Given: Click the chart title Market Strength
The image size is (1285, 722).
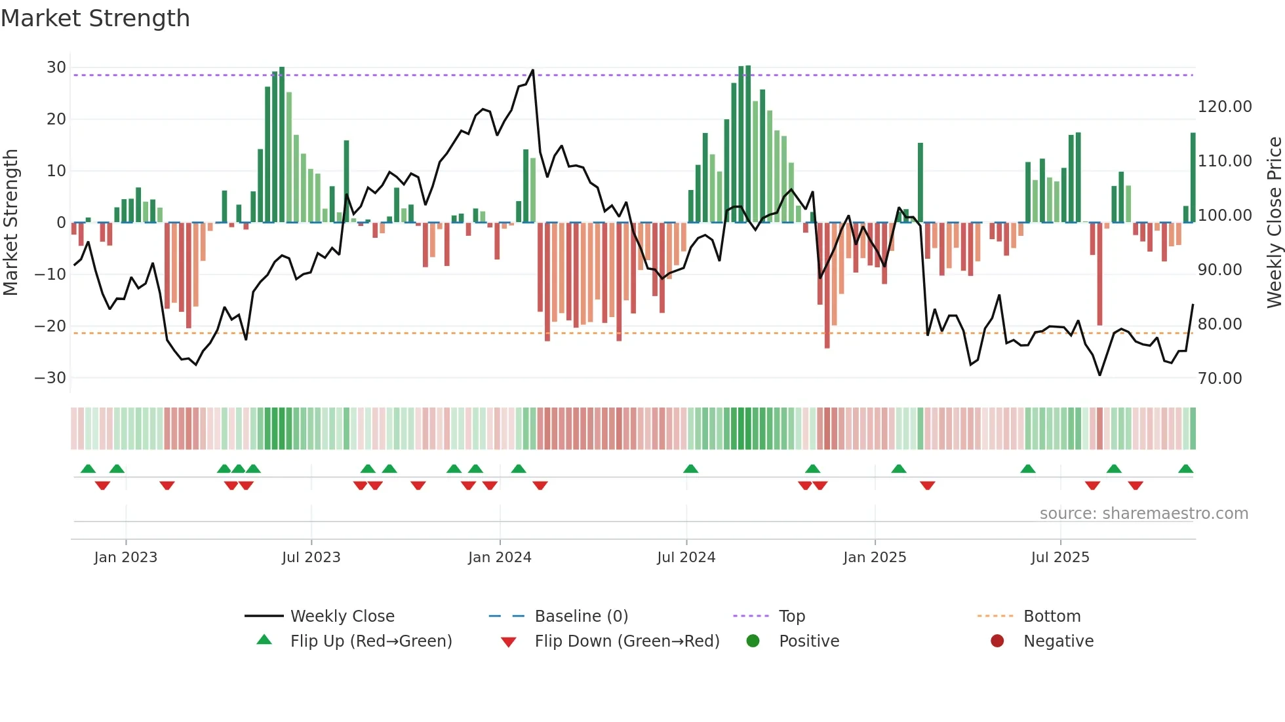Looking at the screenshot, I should (95, 18).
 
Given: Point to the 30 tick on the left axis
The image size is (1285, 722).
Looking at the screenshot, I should (56, 67).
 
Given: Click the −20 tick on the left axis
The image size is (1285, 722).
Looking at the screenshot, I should (50, 326).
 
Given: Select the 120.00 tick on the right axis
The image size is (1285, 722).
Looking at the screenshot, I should (1224, 107).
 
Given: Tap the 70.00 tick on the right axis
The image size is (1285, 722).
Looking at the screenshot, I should (1219, 378).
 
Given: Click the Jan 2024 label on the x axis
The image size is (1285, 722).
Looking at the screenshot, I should (500, 558).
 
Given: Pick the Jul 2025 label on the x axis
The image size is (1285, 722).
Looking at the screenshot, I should (1059, 558).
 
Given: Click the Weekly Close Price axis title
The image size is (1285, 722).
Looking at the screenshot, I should (1274, 223).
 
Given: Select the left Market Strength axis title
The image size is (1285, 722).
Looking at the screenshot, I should (10, 223).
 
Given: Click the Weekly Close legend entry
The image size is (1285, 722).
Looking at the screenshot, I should (342, 617).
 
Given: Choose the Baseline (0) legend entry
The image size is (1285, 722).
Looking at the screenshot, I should (581, 617).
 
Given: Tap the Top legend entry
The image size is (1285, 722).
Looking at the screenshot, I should (791, 617).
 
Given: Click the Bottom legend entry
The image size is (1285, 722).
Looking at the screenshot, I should (1052, 617).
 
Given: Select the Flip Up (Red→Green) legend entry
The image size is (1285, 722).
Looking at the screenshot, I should (370, 641).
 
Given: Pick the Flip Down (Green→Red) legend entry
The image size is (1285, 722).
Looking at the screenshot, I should (626, 641).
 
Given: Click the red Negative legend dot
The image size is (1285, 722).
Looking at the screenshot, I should (997, 641).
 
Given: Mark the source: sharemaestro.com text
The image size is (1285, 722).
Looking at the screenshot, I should (1143, 514).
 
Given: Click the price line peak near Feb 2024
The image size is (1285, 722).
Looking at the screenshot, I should (533, 70).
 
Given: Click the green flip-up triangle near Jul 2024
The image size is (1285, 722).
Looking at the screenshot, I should (690, 468).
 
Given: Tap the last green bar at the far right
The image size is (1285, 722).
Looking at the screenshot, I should (1193, 177).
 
